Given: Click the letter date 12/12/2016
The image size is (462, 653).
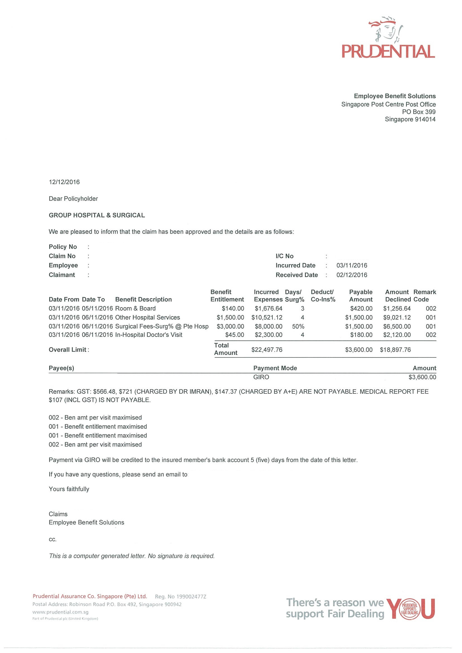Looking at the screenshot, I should click(64, 182).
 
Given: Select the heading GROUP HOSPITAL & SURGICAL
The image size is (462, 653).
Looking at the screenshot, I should click(97, 215).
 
